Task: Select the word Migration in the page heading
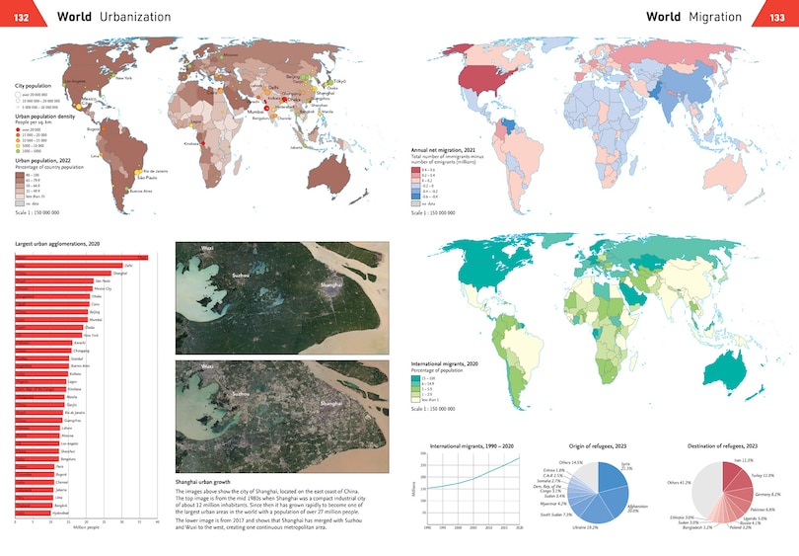coord(715,17)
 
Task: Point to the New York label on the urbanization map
coord(124,77)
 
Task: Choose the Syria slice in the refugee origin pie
coord(614,477)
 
